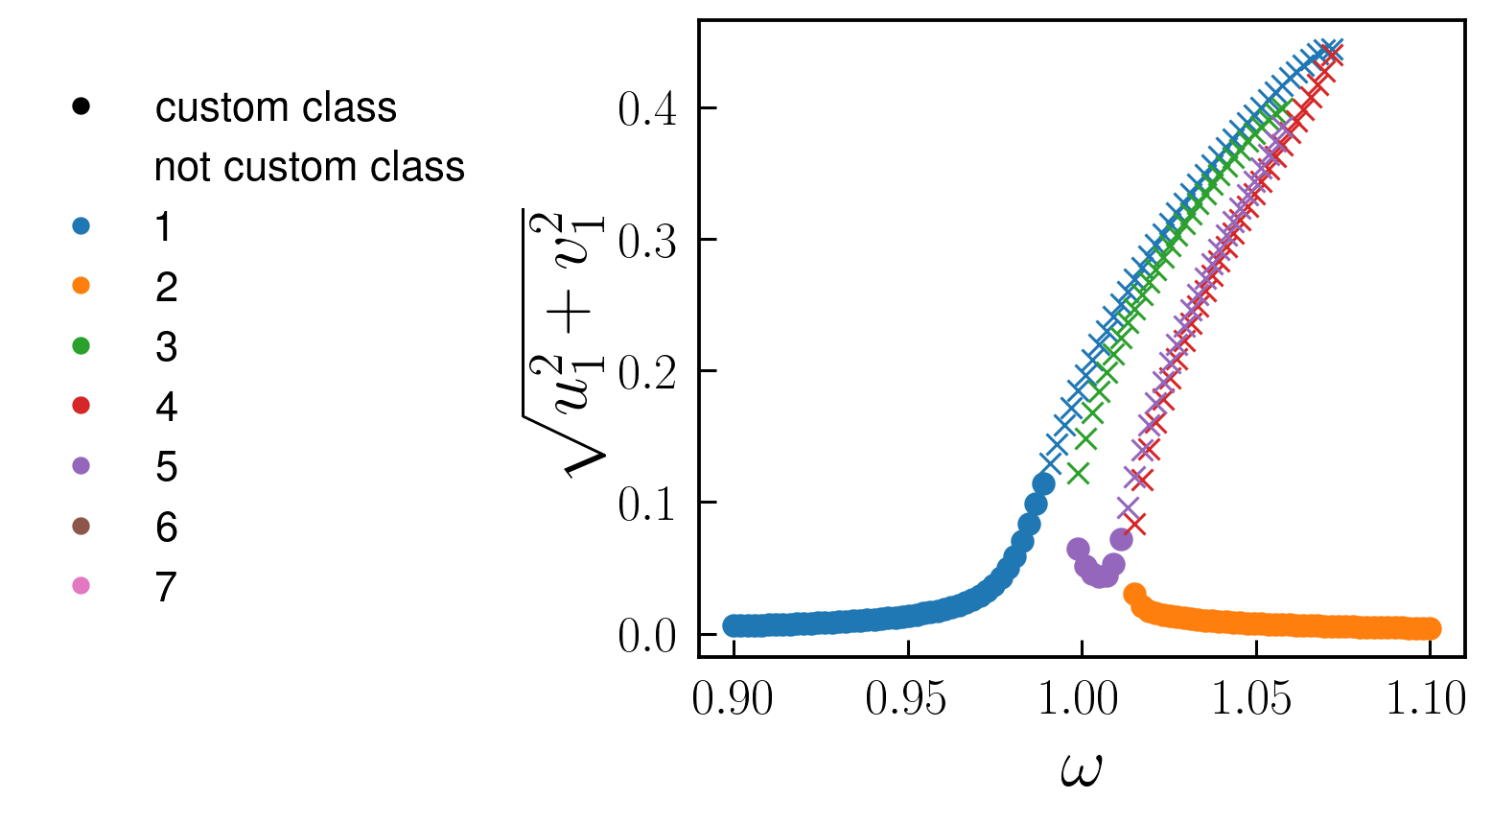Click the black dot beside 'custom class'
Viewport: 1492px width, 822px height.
(82, 107)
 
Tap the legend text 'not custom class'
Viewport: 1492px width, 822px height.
(309, 167)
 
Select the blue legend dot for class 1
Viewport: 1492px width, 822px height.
(82, 227)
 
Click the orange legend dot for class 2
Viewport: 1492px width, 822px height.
(82, 287)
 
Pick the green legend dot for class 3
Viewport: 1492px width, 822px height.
(82, 346)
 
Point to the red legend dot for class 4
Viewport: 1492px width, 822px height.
(82, 407)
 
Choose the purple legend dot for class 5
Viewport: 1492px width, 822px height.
(82, 466)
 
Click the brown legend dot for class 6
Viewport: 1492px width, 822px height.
(82, 527)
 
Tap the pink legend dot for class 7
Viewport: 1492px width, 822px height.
(82, 586)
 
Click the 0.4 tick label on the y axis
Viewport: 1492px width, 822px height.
(647, 109)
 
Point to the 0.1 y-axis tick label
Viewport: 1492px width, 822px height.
(647, 504)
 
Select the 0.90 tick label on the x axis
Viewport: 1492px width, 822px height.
(733, 699)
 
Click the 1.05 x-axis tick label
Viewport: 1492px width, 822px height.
(1255, 699)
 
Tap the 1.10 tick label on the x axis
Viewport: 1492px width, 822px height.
(1428, 699)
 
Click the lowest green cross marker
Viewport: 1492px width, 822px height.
(1079, 473)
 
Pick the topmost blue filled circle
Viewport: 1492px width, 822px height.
(1043, 483)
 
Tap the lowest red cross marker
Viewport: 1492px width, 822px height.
(1135, 524)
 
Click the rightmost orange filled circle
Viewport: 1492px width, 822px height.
(1430, 629)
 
